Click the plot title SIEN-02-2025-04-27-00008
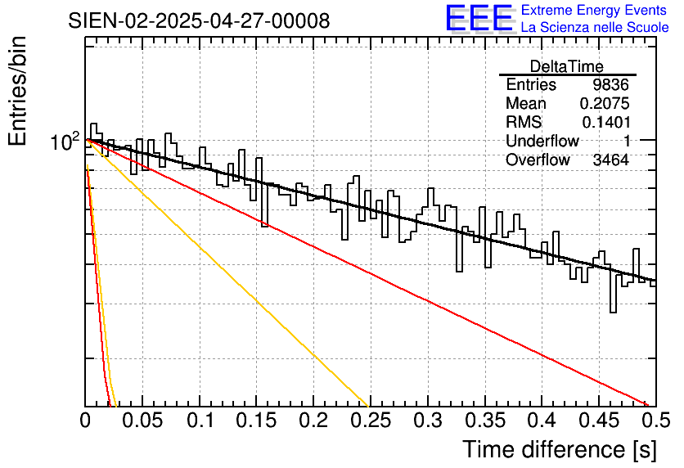click(199, 20)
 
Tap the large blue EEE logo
click(479, 19)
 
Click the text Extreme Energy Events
click(594, 11)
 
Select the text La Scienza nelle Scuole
click(594, 28)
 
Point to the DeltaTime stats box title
click(566, 66)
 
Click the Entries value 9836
click(610, 85)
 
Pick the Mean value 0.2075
click(604, 104)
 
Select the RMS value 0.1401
click(605, 122)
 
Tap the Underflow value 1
click(626, 141)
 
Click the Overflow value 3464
click(610, 160)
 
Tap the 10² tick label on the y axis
click(65, 142)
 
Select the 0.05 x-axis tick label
click(142, 421)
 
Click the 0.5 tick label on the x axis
click(653, 421)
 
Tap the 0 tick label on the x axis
click(86, 421)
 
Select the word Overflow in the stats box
click(538, 160)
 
